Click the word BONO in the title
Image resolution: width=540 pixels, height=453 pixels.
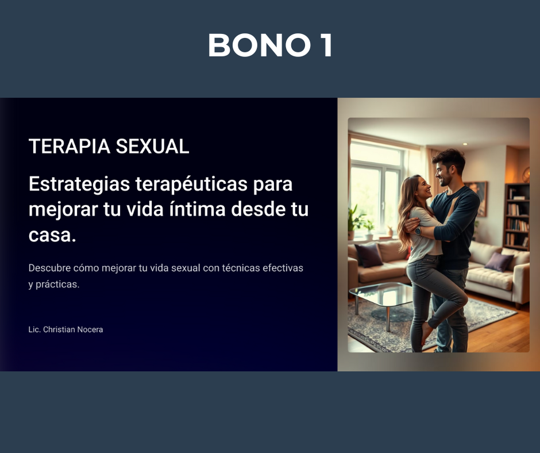260,45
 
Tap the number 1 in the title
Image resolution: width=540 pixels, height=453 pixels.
326,45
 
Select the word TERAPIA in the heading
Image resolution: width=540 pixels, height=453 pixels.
69,146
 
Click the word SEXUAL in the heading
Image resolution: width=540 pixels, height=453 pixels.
152,146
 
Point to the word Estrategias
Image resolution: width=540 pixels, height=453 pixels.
79,184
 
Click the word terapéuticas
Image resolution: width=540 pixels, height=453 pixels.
191,184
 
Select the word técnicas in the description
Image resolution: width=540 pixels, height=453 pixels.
241,268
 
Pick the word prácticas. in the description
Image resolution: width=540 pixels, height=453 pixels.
57,285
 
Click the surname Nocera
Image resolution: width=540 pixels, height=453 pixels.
91,329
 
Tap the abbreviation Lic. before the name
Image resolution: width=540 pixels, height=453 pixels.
34,329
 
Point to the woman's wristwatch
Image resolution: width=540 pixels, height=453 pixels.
418,231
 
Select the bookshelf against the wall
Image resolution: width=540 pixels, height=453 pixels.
516,217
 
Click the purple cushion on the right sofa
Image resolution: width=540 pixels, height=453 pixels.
499,262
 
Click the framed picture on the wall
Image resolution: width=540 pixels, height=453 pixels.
479,198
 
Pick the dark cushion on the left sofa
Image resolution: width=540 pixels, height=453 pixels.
369,255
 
